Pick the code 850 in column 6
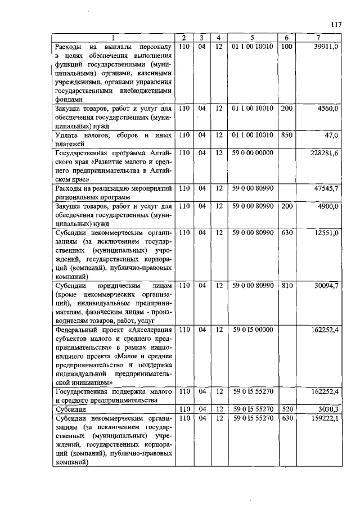(286, 136)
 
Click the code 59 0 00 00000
(252, 152)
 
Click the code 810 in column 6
(286, 286)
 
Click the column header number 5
(252, 38)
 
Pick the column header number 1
(112, 38)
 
